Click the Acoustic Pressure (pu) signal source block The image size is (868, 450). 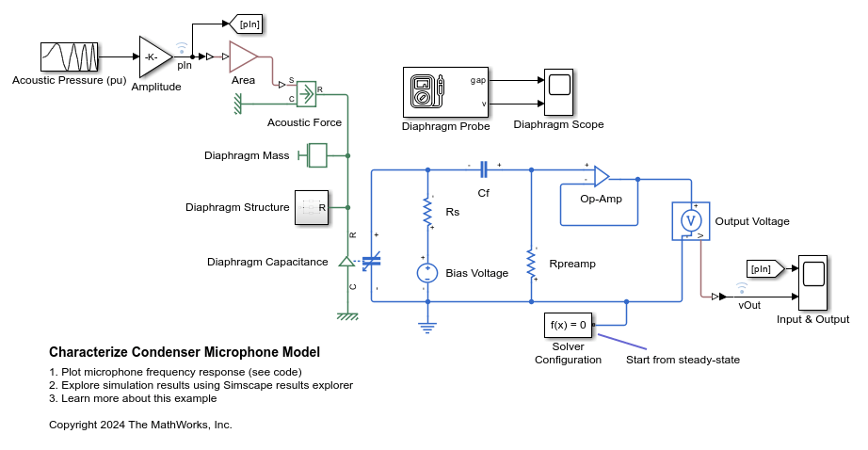pos(69,56)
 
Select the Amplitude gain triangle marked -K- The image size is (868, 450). pos(154,56)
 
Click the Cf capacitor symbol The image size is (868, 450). pos(484,169)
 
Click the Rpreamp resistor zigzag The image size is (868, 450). pos(532,265)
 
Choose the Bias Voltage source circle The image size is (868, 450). pos(428,274)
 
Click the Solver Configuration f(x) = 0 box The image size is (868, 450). pos(568,325)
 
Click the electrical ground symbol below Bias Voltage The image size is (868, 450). pos(428,327)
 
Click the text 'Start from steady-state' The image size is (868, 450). pos(683,360)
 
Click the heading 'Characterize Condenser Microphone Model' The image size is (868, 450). pos(185,352)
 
